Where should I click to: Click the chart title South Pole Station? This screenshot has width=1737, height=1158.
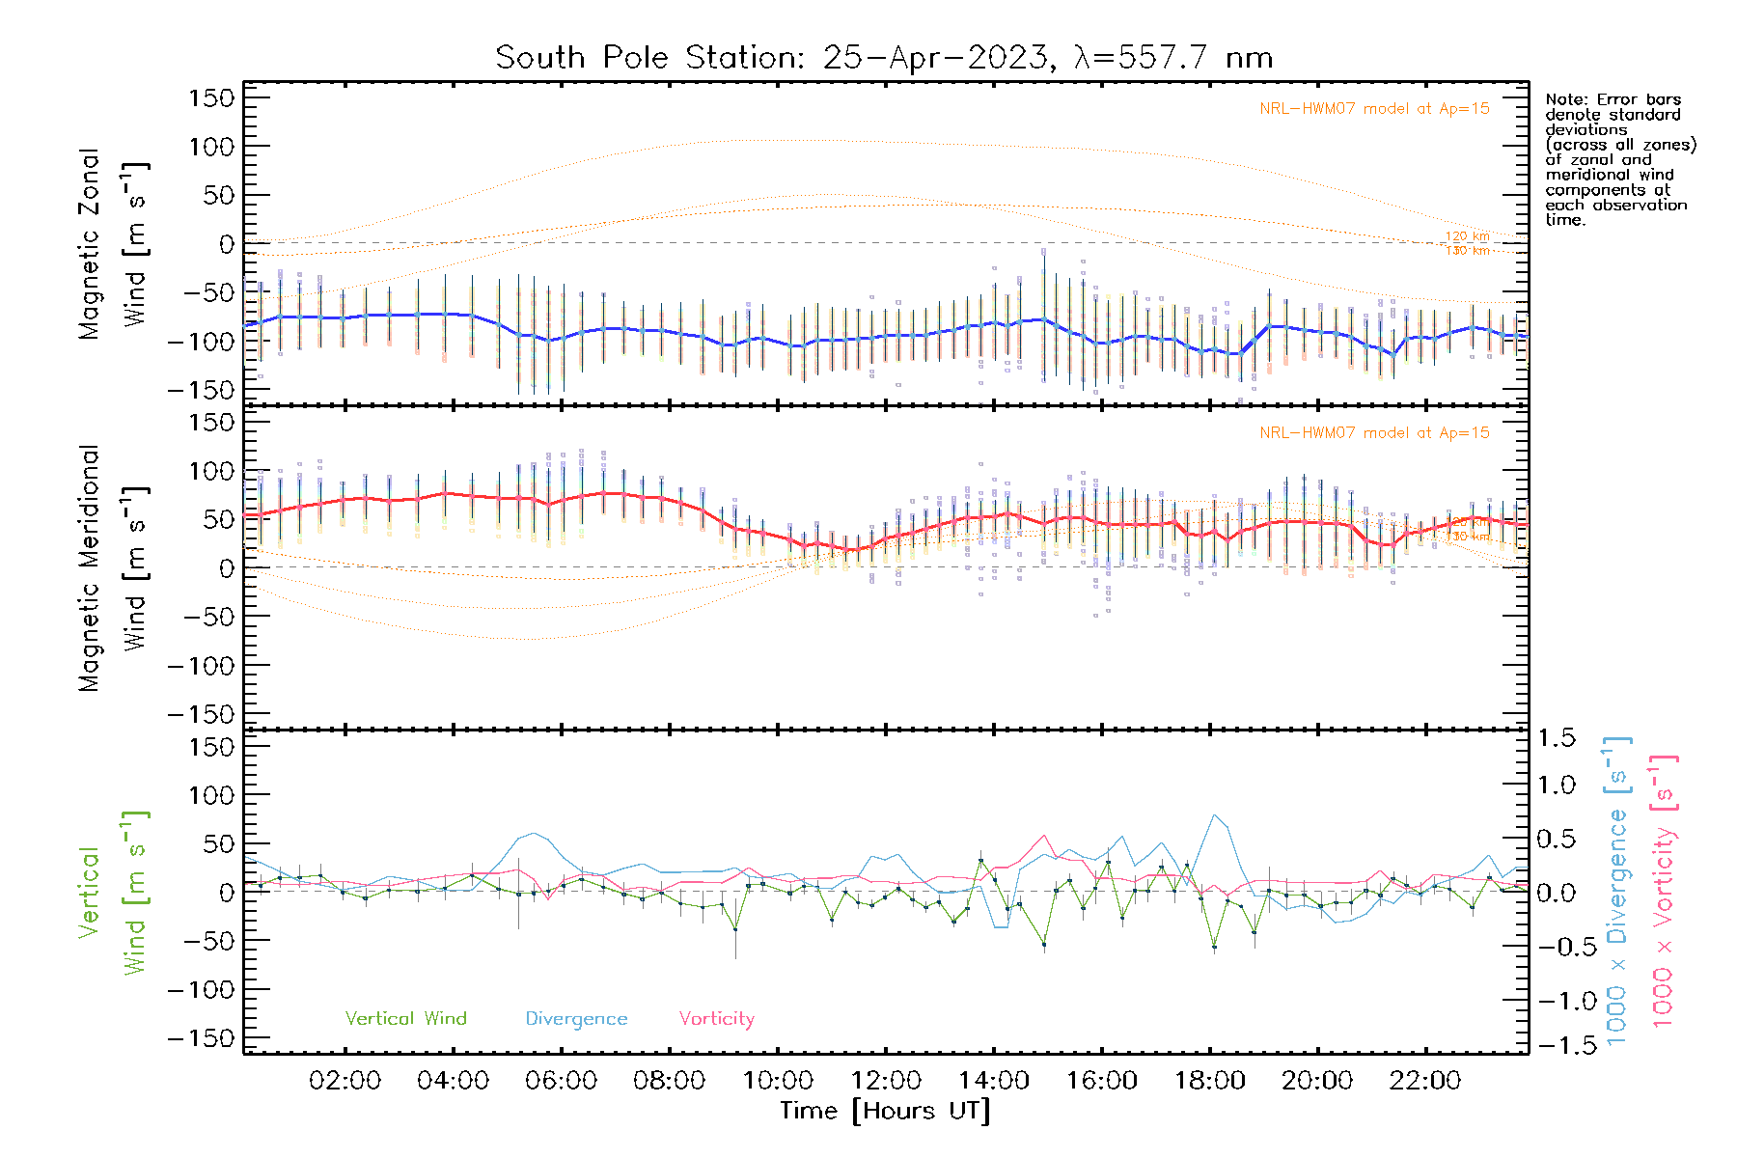(884, 58)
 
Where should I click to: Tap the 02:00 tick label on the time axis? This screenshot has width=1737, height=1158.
(345, 1081)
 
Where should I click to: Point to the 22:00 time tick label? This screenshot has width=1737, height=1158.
(1425, 1081)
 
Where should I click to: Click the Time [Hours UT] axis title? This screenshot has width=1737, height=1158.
(885, 1111)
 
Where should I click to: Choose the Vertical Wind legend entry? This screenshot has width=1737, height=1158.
(405, 1019)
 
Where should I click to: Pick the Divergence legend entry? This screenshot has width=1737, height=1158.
(576, 1019)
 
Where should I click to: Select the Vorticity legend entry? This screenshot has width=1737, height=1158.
(716, 1019)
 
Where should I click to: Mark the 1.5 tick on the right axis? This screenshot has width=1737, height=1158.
(1556, 738)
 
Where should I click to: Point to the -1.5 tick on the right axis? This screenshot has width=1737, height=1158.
(1556, 1045)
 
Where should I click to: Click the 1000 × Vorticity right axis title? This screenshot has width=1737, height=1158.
(1664, 891)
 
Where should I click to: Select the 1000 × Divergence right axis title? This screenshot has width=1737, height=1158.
(1617, 891)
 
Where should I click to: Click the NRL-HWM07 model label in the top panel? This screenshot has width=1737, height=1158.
(1374, 109)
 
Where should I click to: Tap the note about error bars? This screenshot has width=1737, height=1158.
(1619, 159)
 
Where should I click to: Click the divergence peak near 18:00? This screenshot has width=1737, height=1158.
(1214, 815)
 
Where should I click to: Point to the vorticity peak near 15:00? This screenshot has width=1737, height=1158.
(1044, 836)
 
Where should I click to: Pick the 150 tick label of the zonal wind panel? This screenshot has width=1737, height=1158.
(212, 98)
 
